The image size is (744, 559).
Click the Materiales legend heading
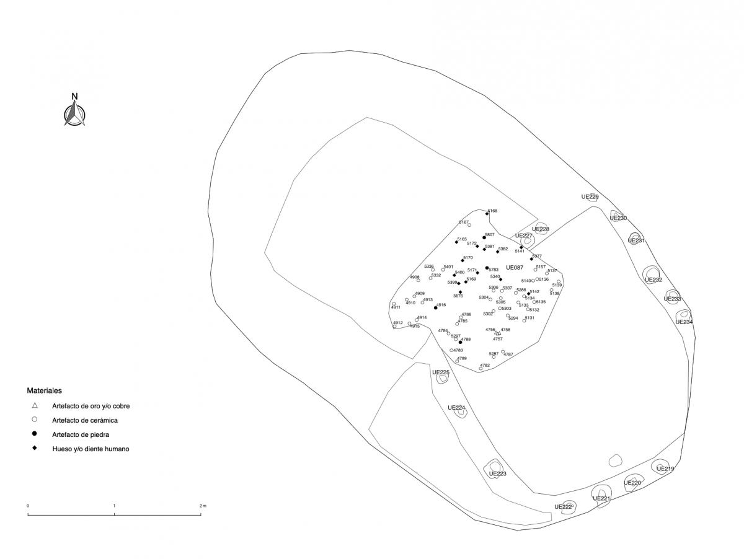(x=44, y=391)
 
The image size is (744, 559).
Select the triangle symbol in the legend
(x=35, y=406)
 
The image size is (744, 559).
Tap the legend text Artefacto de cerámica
(x=85, y=420)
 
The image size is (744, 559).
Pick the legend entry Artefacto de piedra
(x=81, y=434)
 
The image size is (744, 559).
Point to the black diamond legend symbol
(x=35, y=448)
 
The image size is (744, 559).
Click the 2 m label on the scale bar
(x=202, y=506)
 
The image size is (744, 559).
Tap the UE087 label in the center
(x=515, y=268)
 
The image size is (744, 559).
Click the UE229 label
(x=590, y=197)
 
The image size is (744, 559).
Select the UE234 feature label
(x=684, y=322)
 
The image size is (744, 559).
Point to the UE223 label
(x=497, y=473)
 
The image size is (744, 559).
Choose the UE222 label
(x=563, y=507)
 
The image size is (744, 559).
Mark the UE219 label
(x=665, y=469)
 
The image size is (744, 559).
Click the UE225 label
(x=440, y=372)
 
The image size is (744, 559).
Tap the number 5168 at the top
(x=492, y=211)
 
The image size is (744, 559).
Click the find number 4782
(x=485, y=366)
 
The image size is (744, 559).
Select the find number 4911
(x=396, y=307)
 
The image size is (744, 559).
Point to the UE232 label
(x=653, y=279)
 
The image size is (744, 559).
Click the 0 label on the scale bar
(x=28, y=506)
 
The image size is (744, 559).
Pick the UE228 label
(x=541, y=229)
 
